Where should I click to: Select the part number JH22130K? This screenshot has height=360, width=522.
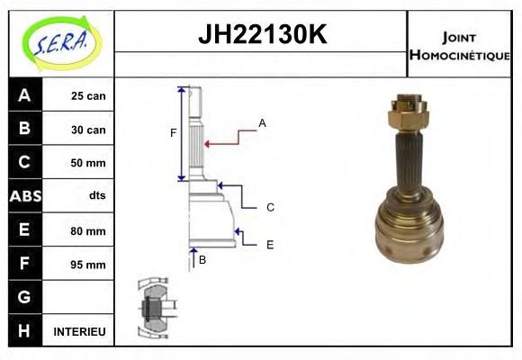coord(262,36)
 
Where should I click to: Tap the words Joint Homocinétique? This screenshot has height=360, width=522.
coord(459,45)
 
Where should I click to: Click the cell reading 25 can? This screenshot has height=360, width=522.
coord(87,96)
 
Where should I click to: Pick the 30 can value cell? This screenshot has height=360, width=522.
coord(87,130)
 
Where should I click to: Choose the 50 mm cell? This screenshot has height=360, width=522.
coord(87,163)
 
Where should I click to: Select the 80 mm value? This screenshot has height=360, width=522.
coord(87,231)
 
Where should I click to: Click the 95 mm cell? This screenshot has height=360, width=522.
coord(87,265)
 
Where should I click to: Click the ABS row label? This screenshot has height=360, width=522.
coord(23,196)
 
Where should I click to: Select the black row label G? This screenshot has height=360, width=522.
coord(23,297)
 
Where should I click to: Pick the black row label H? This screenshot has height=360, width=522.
coord(23,331)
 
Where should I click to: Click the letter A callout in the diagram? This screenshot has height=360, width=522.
coord(262,122)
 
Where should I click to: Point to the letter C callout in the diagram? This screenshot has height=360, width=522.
coord(269,207)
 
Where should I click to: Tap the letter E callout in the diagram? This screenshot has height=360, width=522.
coord(269,244)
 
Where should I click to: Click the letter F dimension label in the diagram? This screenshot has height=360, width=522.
coord(174,133)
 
